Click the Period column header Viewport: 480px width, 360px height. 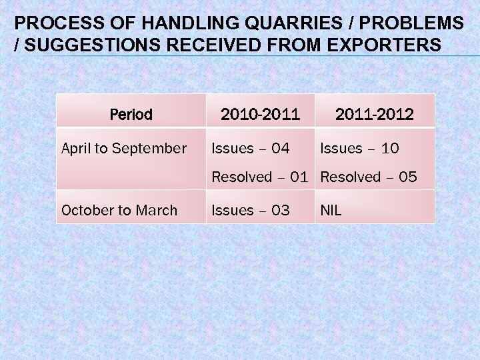coord(131,115)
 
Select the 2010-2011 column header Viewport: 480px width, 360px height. coord(261,115)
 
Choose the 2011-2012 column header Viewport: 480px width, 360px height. coord(374,115)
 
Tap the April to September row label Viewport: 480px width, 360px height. coord(124,149)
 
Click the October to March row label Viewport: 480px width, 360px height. coord(119,211)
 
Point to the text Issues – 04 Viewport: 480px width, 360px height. coord(251,149)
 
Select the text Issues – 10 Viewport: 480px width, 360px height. coord(360,149)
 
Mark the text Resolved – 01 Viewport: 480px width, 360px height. coord(260,177)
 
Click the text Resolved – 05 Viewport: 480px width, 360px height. coord(369,177)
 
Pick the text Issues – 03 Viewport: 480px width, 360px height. coord(251,211)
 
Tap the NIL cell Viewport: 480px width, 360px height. coord(331,211)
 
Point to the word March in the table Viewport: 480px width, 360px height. coord(158,211)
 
